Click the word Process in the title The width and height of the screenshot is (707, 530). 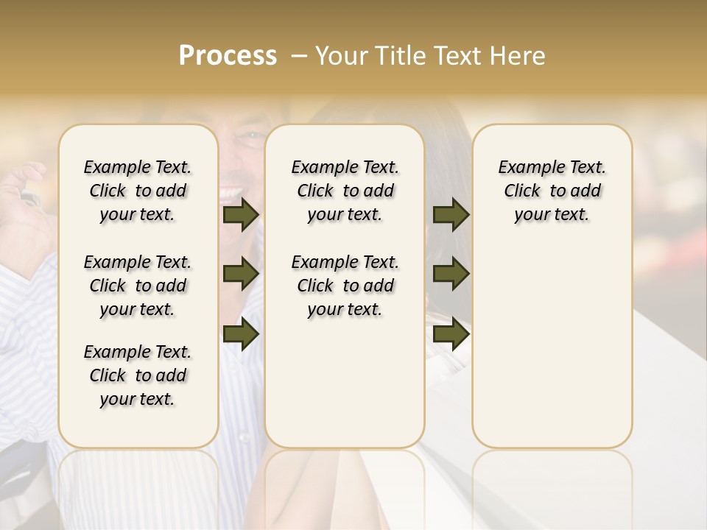228,56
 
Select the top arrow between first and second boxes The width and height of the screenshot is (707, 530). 240,215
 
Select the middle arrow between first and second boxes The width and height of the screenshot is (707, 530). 240,275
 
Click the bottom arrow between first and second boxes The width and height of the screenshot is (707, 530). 240,334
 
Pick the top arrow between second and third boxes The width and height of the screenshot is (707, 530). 451,215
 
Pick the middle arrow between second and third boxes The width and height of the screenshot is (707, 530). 451,275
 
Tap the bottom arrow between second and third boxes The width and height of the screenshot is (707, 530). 451,334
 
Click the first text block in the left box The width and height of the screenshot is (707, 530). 138,191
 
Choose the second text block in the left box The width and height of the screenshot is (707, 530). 138,286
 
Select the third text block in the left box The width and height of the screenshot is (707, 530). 138,375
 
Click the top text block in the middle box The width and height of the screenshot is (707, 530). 345,191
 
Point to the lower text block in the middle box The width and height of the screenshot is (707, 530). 345,286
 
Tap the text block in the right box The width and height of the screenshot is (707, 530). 552,191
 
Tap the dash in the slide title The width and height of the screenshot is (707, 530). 299,56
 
